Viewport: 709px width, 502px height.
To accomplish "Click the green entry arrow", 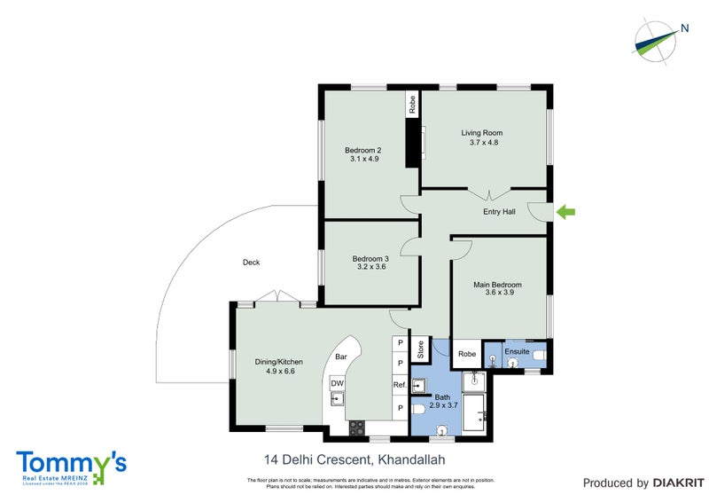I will [565, 212].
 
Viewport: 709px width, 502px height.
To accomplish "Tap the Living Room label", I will [481, 133].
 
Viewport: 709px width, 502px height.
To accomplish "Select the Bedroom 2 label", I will [363, 150].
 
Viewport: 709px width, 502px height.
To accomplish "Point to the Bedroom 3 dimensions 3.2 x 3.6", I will [371, 266].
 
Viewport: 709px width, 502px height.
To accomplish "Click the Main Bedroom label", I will [497, 285].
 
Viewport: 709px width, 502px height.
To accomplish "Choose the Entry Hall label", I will [499, 212].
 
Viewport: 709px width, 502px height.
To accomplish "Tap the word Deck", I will [251, 262].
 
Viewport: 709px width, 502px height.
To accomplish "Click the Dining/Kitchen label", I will [280, 363].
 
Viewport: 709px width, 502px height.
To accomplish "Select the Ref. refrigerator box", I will [400, 385].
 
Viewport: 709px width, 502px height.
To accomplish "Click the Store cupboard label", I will [421, 349].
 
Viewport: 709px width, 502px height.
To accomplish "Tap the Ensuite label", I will [517, 352].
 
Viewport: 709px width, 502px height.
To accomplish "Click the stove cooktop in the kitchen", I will [356, 428].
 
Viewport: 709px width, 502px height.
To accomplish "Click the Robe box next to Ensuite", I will [466, 353].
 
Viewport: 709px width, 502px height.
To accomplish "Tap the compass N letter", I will [685, 28].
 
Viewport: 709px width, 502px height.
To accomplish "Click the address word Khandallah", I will [411, 459].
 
